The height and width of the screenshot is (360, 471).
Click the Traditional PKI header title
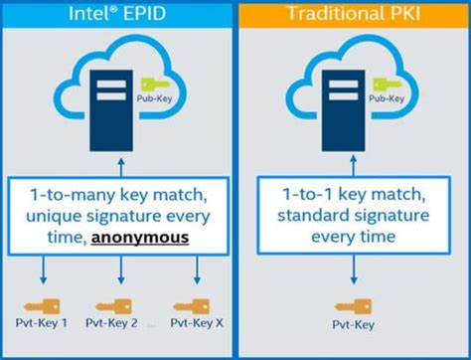coord(352,14)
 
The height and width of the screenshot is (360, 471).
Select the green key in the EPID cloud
coord(150,88)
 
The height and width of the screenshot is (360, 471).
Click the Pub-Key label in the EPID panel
coord(150,100)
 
